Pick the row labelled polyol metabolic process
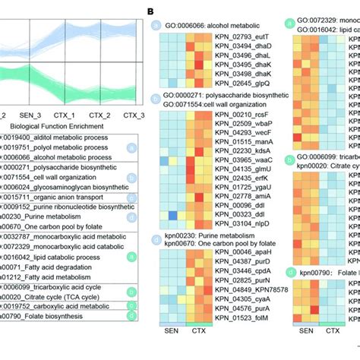coord(50,148)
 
